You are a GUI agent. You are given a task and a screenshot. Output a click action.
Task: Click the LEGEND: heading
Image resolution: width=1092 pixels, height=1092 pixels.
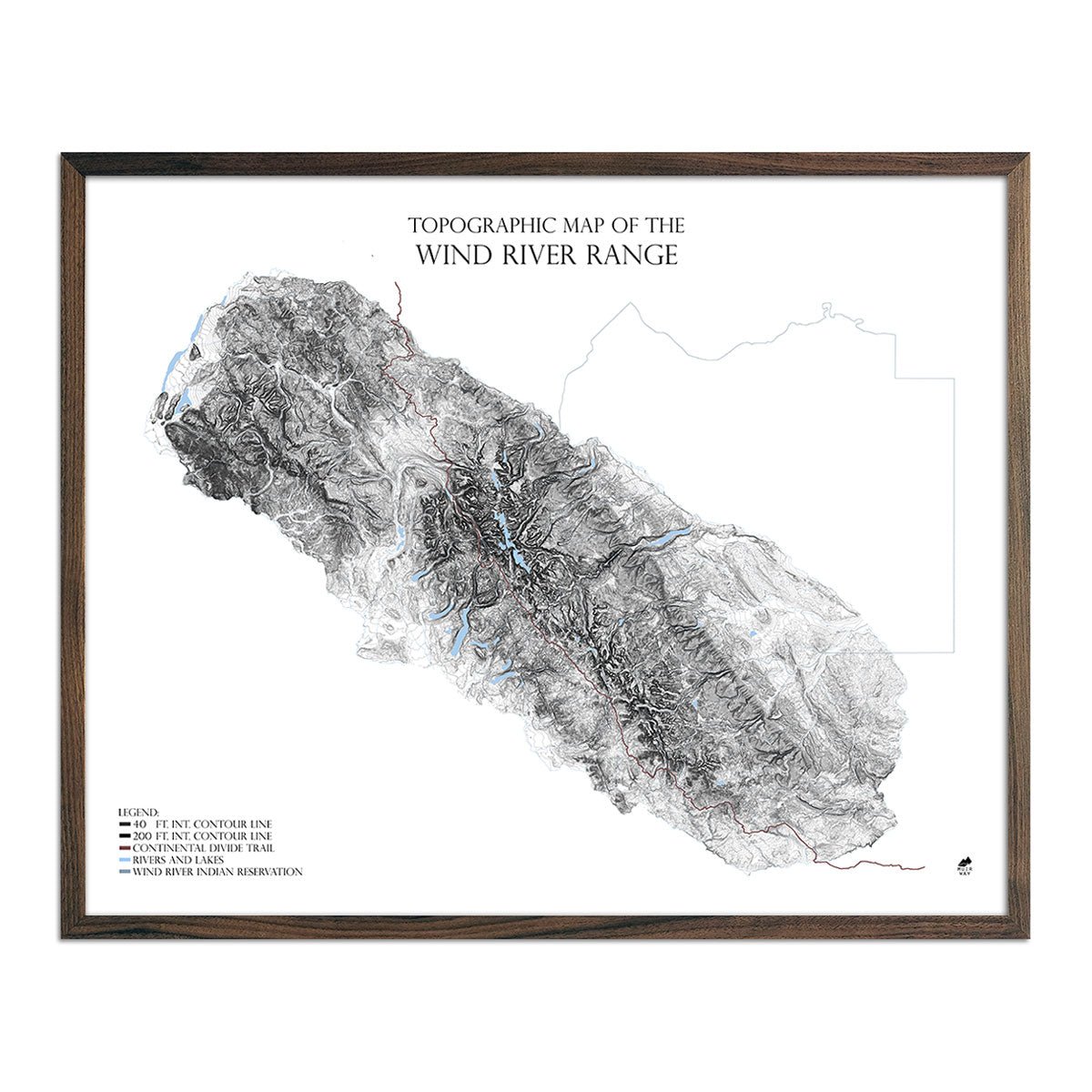(139, 811)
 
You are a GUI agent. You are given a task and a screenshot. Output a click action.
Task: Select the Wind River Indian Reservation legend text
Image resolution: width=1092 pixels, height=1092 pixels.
(217, 872)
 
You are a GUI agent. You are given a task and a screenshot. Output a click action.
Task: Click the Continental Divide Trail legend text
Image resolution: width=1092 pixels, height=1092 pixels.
(203, 848)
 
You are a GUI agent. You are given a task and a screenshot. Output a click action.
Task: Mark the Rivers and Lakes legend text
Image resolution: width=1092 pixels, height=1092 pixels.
(178, 860)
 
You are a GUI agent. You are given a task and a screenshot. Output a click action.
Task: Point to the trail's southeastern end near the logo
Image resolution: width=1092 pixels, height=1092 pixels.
(924, 867)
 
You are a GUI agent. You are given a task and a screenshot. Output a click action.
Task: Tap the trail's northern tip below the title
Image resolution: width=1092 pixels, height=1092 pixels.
(397, 284)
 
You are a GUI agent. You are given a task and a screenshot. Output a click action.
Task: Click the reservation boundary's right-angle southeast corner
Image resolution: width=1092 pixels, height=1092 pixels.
(954, 652)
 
